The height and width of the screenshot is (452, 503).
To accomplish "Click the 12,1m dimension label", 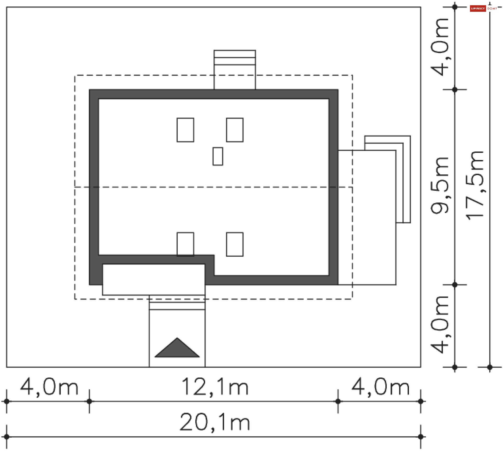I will (x=215, y=387).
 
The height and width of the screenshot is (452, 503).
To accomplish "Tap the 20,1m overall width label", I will (x=215, y=422).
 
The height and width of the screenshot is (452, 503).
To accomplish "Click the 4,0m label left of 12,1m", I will (x=49, y=387).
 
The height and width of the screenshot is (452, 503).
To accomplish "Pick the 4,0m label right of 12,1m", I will (x=380, y=387).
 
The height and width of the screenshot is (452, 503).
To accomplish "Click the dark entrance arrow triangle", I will (x=177, y=349).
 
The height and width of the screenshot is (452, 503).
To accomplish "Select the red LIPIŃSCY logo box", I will (x=478, y=9).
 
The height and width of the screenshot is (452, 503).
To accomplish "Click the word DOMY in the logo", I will (x=492, y=9).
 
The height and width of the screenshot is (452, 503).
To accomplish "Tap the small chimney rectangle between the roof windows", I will (x=218, y=156).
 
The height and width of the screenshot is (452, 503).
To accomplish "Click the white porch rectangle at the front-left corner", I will (x=154, y=279).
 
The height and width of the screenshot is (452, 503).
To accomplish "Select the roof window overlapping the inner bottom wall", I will (x=185, y=244).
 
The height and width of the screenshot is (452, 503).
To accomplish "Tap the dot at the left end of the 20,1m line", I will (x=7, y=437).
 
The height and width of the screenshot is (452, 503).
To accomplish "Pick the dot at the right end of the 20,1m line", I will (x=421, y=437).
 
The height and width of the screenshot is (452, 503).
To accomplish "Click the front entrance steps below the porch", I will (x=177, y=303).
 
